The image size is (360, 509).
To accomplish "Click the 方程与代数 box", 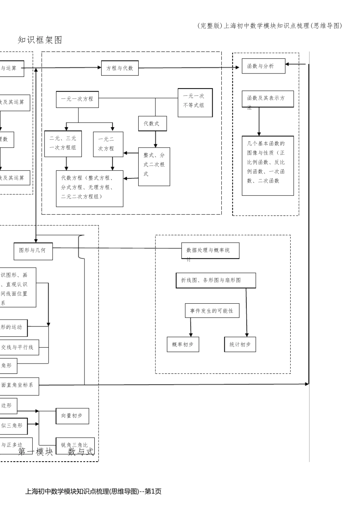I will (x=120, y=68).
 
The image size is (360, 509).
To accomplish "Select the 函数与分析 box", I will (x=263, y=66).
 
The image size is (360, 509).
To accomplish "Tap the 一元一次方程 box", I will (x=77, y=99).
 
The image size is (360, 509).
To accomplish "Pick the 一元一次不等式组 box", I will (x=195, y=103).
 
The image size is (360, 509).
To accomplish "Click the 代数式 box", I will (x=152, y=124).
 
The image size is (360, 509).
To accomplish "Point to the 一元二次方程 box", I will (x=108, y=144).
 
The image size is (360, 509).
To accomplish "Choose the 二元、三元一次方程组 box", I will (x=63, y=144).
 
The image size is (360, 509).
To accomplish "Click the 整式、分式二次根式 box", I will (x=154, y=166).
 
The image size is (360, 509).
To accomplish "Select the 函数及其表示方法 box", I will (x=268, y=99).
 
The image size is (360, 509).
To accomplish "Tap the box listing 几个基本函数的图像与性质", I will (x=268, y=166).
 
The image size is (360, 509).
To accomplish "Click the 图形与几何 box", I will (x=33, y=251).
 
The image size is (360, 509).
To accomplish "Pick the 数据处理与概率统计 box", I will (x=210, y=251).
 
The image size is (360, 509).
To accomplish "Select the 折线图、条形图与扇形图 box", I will (x=216, y=281).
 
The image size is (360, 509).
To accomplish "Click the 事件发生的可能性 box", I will (x=212, y=311).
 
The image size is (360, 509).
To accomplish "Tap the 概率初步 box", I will (x=183, y=345).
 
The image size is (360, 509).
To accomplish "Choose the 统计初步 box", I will (x=240, y=345).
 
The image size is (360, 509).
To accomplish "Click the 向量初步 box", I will (x=72, y=416).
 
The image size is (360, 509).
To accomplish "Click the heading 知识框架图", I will (x=40, y=40).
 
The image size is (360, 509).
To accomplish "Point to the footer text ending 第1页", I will (x=93, y=492).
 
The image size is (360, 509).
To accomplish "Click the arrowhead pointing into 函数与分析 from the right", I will (x=288, y=64).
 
